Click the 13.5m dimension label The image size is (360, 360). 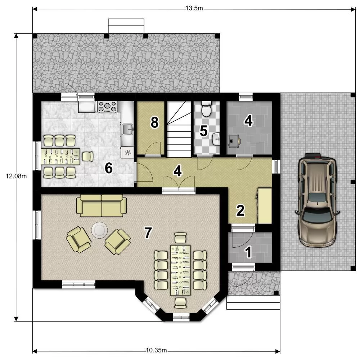click(194, 8)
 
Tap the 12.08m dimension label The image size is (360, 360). click(16, 176)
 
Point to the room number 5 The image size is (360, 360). click(204, 131)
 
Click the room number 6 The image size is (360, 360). click(109, 168)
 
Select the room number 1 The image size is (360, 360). click(248, 252)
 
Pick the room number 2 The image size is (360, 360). click(240, 210)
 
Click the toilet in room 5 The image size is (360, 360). click(206, 109)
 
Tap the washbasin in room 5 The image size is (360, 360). click(216, 139)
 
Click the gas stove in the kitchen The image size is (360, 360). click(107, 107)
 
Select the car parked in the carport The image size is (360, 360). click(317, 200)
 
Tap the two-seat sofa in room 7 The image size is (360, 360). click(101, 206)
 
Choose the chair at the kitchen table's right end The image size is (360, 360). click(87, 156)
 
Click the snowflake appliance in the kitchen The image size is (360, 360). click(128, 152)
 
